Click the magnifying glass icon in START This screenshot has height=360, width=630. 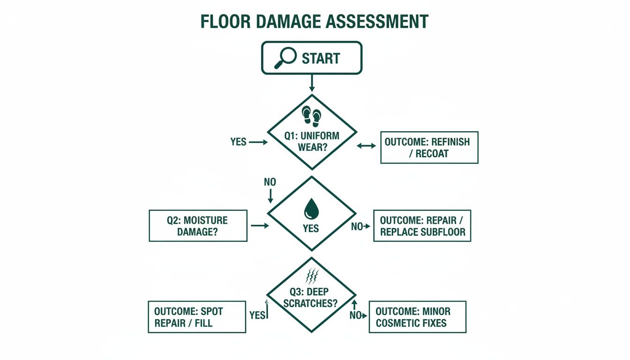(x=285, y=57)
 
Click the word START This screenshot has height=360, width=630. (x=321, y=58)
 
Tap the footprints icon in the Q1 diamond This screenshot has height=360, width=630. (x=312, y=115)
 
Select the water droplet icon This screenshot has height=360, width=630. (x=311, y=209)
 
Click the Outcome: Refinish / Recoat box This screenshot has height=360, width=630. (x=429, y=147)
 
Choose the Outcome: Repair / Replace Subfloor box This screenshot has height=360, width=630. (x=422, y=226)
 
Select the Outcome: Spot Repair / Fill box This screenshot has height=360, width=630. (x=197, y=317)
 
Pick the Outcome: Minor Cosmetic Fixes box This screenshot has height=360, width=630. (x=417, y=317)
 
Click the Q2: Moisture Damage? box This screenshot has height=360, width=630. (x=198, y=225)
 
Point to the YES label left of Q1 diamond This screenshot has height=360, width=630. (x=238, y=142)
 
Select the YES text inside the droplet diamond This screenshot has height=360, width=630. (x=311, y=228)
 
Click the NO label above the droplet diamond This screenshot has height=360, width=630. (x=270, y=182)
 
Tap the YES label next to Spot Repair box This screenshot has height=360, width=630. (x=257, y=315)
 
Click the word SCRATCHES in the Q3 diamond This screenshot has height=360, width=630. (x=310, y=303)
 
